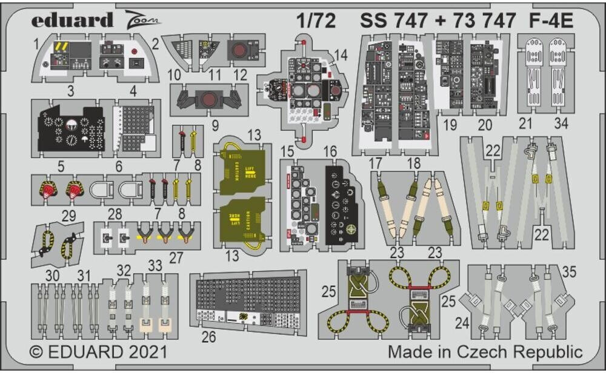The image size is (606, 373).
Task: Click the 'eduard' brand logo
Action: [72, 21]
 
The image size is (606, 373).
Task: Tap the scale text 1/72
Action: [315, 21]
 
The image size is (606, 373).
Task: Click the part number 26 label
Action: [208, 337]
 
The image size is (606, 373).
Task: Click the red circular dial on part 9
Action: [210, 99]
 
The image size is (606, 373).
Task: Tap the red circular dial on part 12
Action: [239, 50]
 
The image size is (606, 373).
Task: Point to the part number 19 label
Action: [449, 125]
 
